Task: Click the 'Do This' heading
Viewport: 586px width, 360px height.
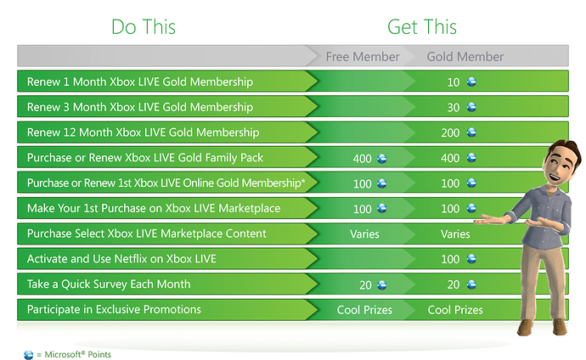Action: tap(144, 27)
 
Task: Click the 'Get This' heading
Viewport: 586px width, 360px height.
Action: tap(422, 27)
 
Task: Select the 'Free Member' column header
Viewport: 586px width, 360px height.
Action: tap(363, 57)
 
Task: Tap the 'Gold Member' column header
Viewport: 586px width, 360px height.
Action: tap(465, 57)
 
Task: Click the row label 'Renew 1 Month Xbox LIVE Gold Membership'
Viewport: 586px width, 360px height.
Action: tap(140, 82)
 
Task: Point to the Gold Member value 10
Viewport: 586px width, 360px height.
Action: tap(454, 82)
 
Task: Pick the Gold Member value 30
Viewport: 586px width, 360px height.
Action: tap(454, 108)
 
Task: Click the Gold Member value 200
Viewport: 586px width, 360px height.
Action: tap(450, 133)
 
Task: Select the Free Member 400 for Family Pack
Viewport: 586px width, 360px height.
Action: tap(362, 159)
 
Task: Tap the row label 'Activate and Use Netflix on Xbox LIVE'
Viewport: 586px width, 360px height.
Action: tap(121, 259)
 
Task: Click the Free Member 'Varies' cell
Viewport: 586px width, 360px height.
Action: tap(364, 234)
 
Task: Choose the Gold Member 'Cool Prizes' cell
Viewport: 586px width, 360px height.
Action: tap(455, 310)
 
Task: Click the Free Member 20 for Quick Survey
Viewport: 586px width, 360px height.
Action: tap(365, 285)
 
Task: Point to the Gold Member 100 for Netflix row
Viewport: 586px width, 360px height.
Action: tap(450, 259)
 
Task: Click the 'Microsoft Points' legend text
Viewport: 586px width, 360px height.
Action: tap(78, 354)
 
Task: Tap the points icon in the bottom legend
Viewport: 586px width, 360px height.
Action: tap(28, 355)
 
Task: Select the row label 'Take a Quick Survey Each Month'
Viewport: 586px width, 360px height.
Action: tap(109, 284)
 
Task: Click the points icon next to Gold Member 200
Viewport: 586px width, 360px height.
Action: tap(471, 132)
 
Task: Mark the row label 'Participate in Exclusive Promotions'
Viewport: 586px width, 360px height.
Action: tap(114, 310)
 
